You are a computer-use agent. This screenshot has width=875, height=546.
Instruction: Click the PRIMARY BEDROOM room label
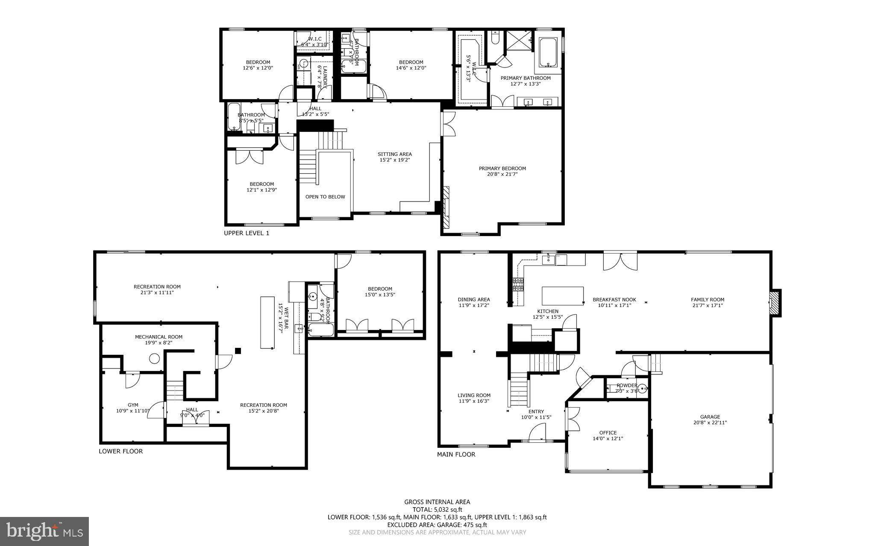[502, 168]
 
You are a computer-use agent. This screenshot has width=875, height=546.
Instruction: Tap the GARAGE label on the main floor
[710, 417]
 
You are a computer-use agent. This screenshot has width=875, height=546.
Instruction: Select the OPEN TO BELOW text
[325, 197]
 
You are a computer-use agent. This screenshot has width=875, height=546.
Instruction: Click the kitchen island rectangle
[563, 295]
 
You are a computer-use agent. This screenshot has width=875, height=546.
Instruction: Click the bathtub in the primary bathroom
[548, 53]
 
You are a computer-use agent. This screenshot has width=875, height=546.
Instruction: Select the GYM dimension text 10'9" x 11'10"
[133, 411]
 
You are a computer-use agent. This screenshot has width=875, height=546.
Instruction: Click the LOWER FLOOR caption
[121, 451]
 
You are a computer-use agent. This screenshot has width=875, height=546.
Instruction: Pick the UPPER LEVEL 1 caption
[247, 233]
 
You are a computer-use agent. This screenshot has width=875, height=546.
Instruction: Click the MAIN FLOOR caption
[456, 455]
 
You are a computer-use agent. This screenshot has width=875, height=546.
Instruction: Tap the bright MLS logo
[44, 531]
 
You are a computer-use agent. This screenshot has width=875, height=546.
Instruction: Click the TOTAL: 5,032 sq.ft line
[437, 509]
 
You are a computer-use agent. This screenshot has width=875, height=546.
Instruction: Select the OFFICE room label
[608, 432]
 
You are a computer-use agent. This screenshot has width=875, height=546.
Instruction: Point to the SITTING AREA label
[394, 154]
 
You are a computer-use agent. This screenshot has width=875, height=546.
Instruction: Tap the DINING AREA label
[473, 299]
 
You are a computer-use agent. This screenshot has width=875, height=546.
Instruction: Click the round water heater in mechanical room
[154, 359]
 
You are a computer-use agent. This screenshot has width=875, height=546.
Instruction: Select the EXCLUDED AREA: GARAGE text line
[437, 525]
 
